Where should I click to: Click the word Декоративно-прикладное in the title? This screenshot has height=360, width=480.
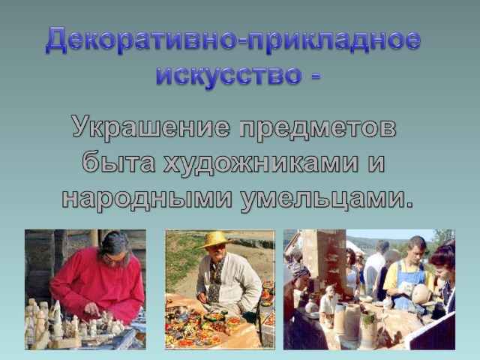coord(233,40)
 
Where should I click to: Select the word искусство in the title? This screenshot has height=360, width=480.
coord(229,75)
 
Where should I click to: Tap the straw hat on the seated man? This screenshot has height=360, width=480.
coord(214,239)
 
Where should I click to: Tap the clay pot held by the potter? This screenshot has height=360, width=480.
coord(421,293)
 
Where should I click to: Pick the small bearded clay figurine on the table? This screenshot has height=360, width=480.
coord(328,304)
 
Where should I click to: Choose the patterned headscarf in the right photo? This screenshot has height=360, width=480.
coord(297,270)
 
